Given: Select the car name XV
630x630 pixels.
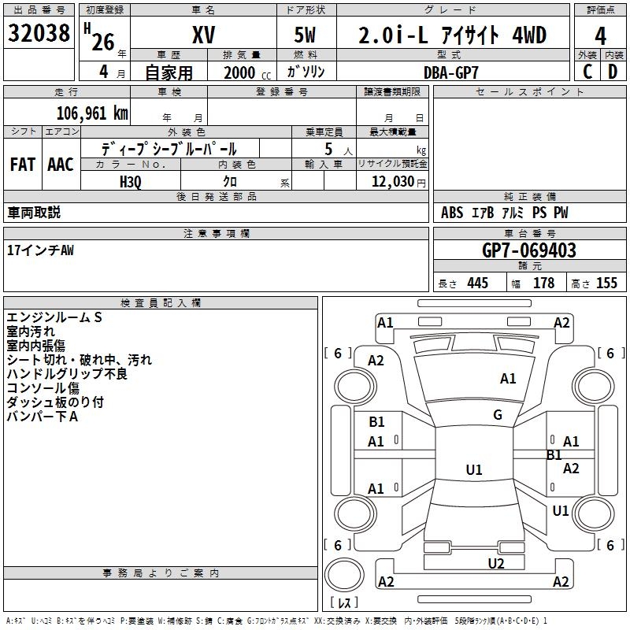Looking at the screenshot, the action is (x=203, y=35).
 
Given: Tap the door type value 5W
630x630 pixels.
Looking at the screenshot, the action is (x=307, y=35).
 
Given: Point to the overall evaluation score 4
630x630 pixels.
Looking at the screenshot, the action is (x=601, y=35).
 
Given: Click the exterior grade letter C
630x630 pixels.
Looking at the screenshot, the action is (x=587, y=72).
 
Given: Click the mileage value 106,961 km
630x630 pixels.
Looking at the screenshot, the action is (x=92, y=113).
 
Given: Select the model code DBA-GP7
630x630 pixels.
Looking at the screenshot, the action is (x=450, y=72).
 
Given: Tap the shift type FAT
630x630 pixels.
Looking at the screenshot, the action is (x=22, y=165).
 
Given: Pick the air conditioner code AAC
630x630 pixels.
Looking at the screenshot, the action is (x=61, y=165).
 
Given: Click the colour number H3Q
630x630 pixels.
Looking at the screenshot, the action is (x=131, y=181).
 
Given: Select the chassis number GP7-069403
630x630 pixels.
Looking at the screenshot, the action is (x=528, y=251).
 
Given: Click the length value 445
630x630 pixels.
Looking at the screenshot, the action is (x=476, y=283).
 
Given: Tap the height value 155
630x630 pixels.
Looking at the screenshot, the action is (x=606, y=283).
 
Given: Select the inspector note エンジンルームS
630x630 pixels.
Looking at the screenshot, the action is (x=54, y=317).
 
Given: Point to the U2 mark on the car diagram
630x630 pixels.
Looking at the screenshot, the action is (x=495, y=563).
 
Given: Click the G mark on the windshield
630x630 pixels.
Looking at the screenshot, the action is (x=497, y=415).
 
